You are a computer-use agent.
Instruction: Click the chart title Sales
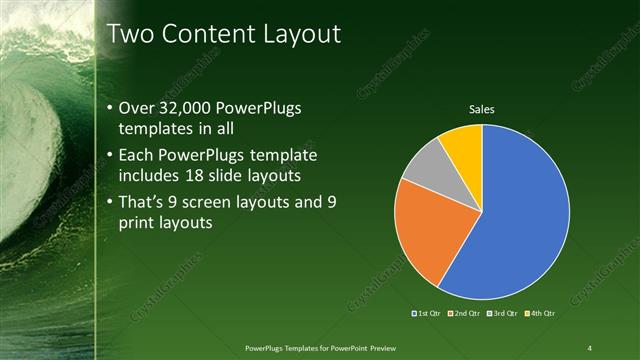tap(482, 109)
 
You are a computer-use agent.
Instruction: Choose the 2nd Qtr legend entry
tap(465, 314)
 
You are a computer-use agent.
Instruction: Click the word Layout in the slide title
tap(301, 34)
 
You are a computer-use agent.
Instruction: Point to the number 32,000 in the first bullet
tap(187, 108)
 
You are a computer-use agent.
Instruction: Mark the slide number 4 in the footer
tap(590, 347)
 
